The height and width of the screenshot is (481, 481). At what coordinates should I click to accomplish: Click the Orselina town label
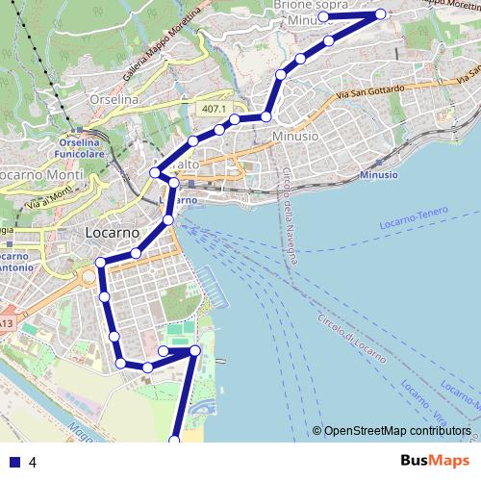click(x=115, y=99)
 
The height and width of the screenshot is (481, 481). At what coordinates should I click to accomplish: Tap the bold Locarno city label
click(x=112, y=233)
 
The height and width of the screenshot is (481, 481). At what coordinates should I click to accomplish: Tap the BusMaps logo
click(x=435, y=461)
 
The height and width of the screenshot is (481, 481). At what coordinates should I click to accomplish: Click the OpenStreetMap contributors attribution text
click(x=397, y=431)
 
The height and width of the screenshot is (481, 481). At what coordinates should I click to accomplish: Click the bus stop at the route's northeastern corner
click(x=381, y=14)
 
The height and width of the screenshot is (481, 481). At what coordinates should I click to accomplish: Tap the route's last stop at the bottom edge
click(x=175, y=441)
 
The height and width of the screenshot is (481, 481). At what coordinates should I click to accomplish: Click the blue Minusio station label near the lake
click(x=378, y=175)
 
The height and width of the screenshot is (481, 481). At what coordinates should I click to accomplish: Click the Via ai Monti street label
click(x=48, y=198)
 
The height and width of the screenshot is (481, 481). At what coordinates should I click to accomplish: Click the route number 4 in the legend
click(x=33, y=463)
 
